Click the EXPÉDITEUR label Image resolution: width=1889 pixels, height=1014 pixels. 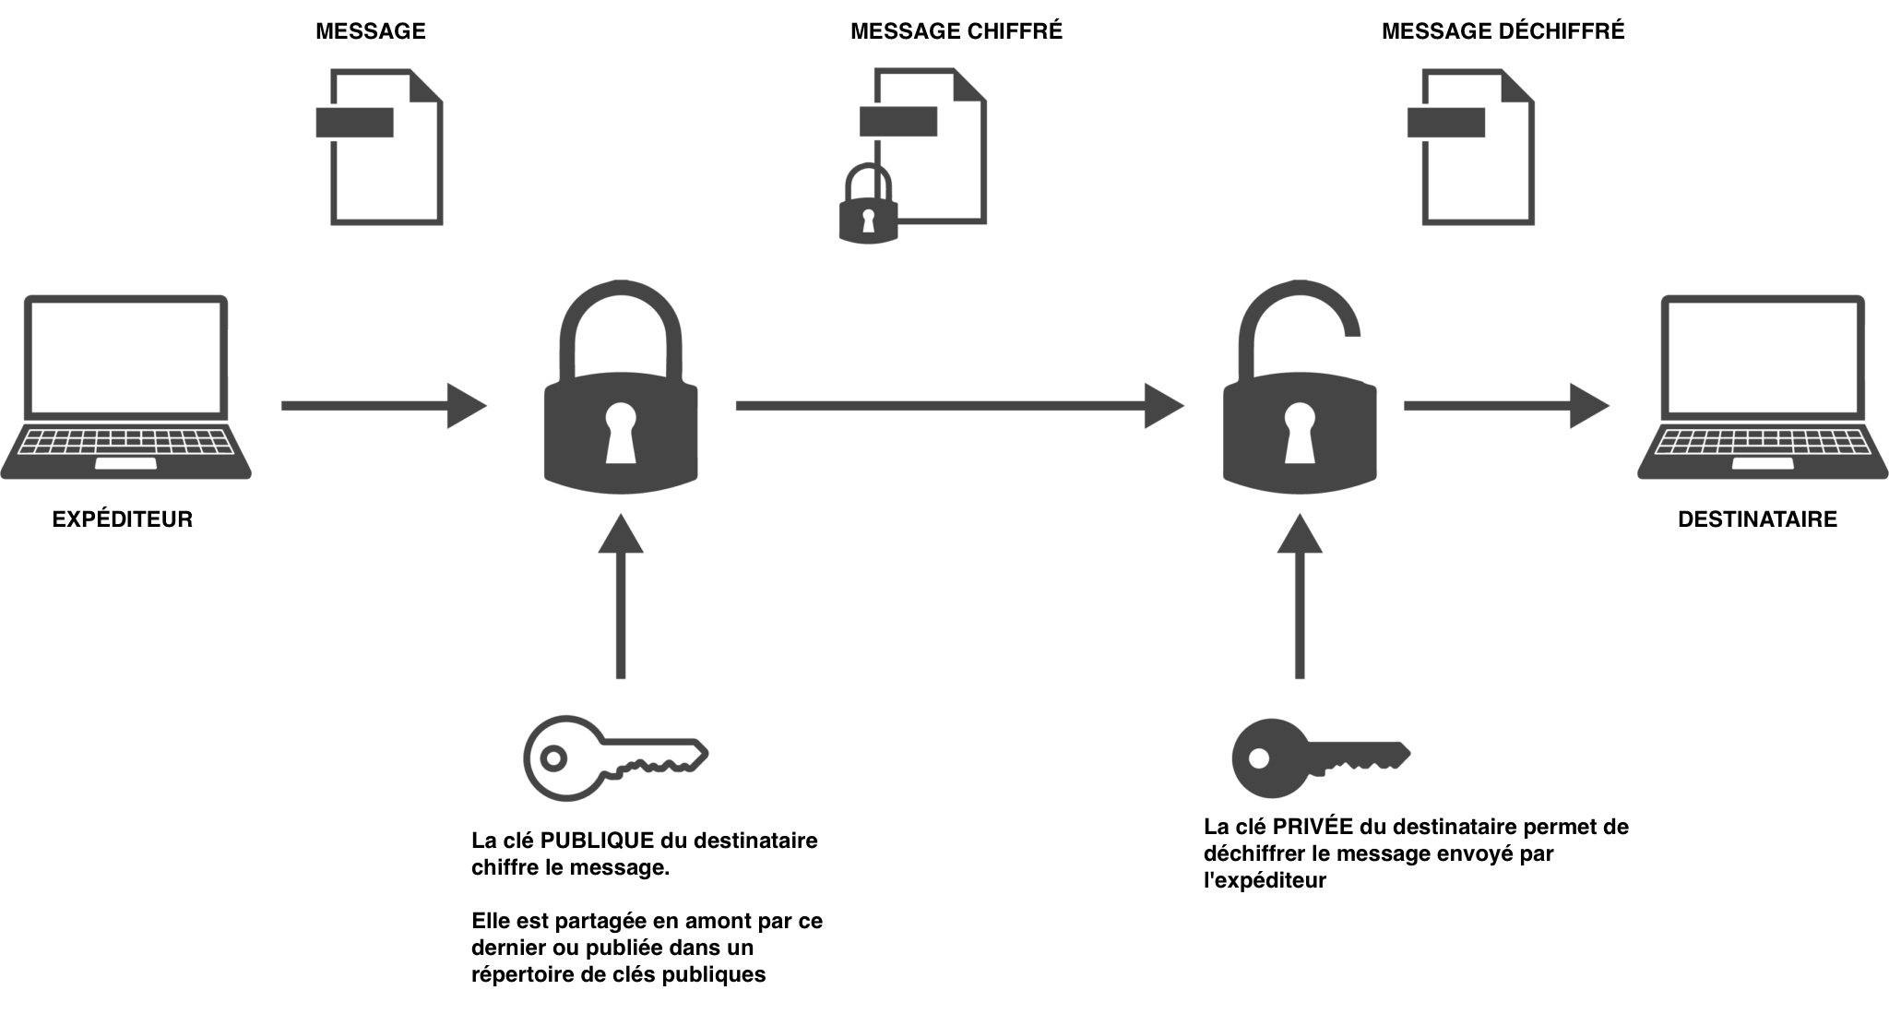click(x=122, y=519)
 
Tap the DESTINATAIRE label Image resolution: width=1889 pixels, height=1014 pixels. click(x=1757, y=519)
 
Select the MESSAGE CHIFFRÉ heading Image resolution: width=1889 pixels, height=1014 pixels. click(x=956, y=31)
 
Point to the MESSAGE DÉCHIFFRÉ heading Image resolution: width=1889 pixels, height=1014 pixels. click(x=1503, y=31)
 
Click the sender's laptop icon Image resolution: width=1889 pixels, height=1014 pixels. click(x=125, y=388)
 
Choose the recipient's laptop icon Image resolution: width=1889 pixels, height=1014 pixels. click(x=1763, y=388)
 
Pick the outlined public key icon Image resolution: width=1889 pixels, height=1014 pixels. click(x=613, y=757)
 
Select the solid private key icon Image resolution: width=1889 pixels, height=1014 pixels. click(x=1319, y=757)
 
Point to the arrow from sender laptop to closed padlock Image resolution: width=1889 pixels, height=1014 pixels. click(x=383, y=405)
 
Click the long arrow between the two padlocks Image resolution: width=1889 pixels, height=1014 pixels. click(x=959, y=405)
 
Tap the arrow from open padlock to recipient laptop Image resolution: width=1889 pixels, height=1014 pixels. click(x=1505, y=405)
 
